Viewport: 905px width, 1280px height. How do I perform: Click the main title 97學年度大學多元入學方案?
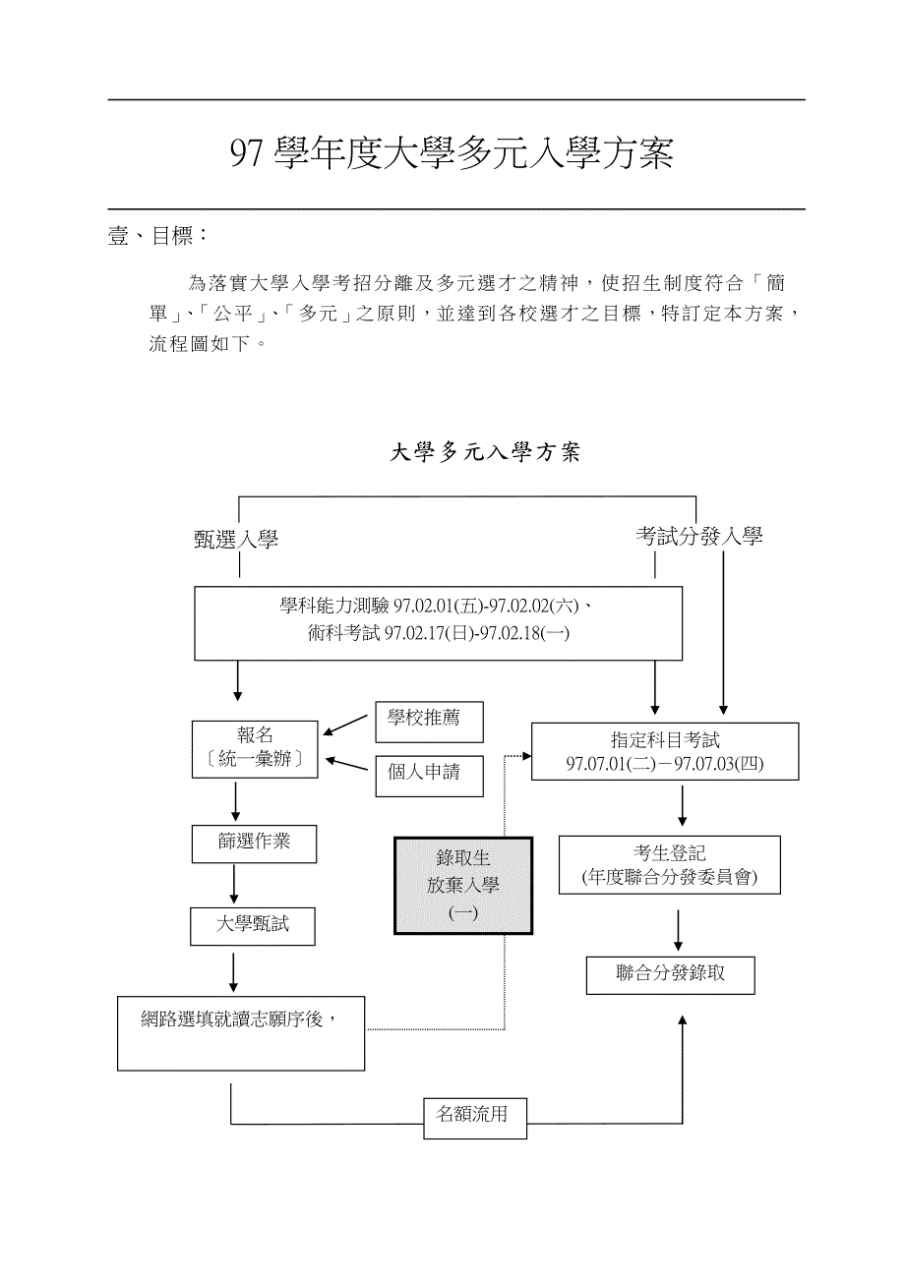[452, 154]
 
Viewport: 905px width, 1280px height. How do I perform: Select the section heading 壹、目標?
[156, 236]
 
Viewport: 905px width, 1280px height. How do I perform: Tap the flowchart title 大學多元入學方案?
[485, 452]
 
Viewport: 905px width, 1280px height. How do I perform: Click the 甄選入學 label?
[236, 539]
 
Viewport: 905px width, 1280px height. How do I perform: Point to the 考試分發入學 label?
[698, 536]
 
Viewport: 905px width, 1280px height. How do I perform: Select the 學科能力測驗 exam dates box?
[438, 622]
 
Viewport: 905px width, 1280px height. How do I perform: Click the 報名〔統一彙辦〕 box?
[255, 749]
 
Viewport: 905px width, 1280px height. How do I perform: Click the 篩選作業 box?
[254, 843]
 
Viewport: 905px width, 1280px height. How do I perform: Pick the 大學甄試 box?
[253, 925]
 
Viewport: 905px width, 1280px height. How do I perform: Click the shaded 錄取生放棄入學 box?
[463, 885]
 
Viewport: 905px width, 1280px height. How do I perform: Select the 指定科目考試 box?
[664, 752]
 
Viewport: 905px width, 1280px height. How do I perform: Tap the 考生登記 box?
[669, 865]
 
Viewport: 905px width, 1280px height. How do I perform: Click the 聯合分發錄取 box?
[671, 974]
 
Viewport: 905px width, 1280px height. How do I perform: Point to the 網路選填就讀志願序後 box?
[241, 1032]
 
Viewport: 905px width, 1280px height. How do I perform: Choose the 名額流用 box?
[474, 1116]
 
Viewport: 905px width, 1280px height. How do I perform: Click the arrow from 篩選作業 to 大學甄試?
[234, 885]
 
